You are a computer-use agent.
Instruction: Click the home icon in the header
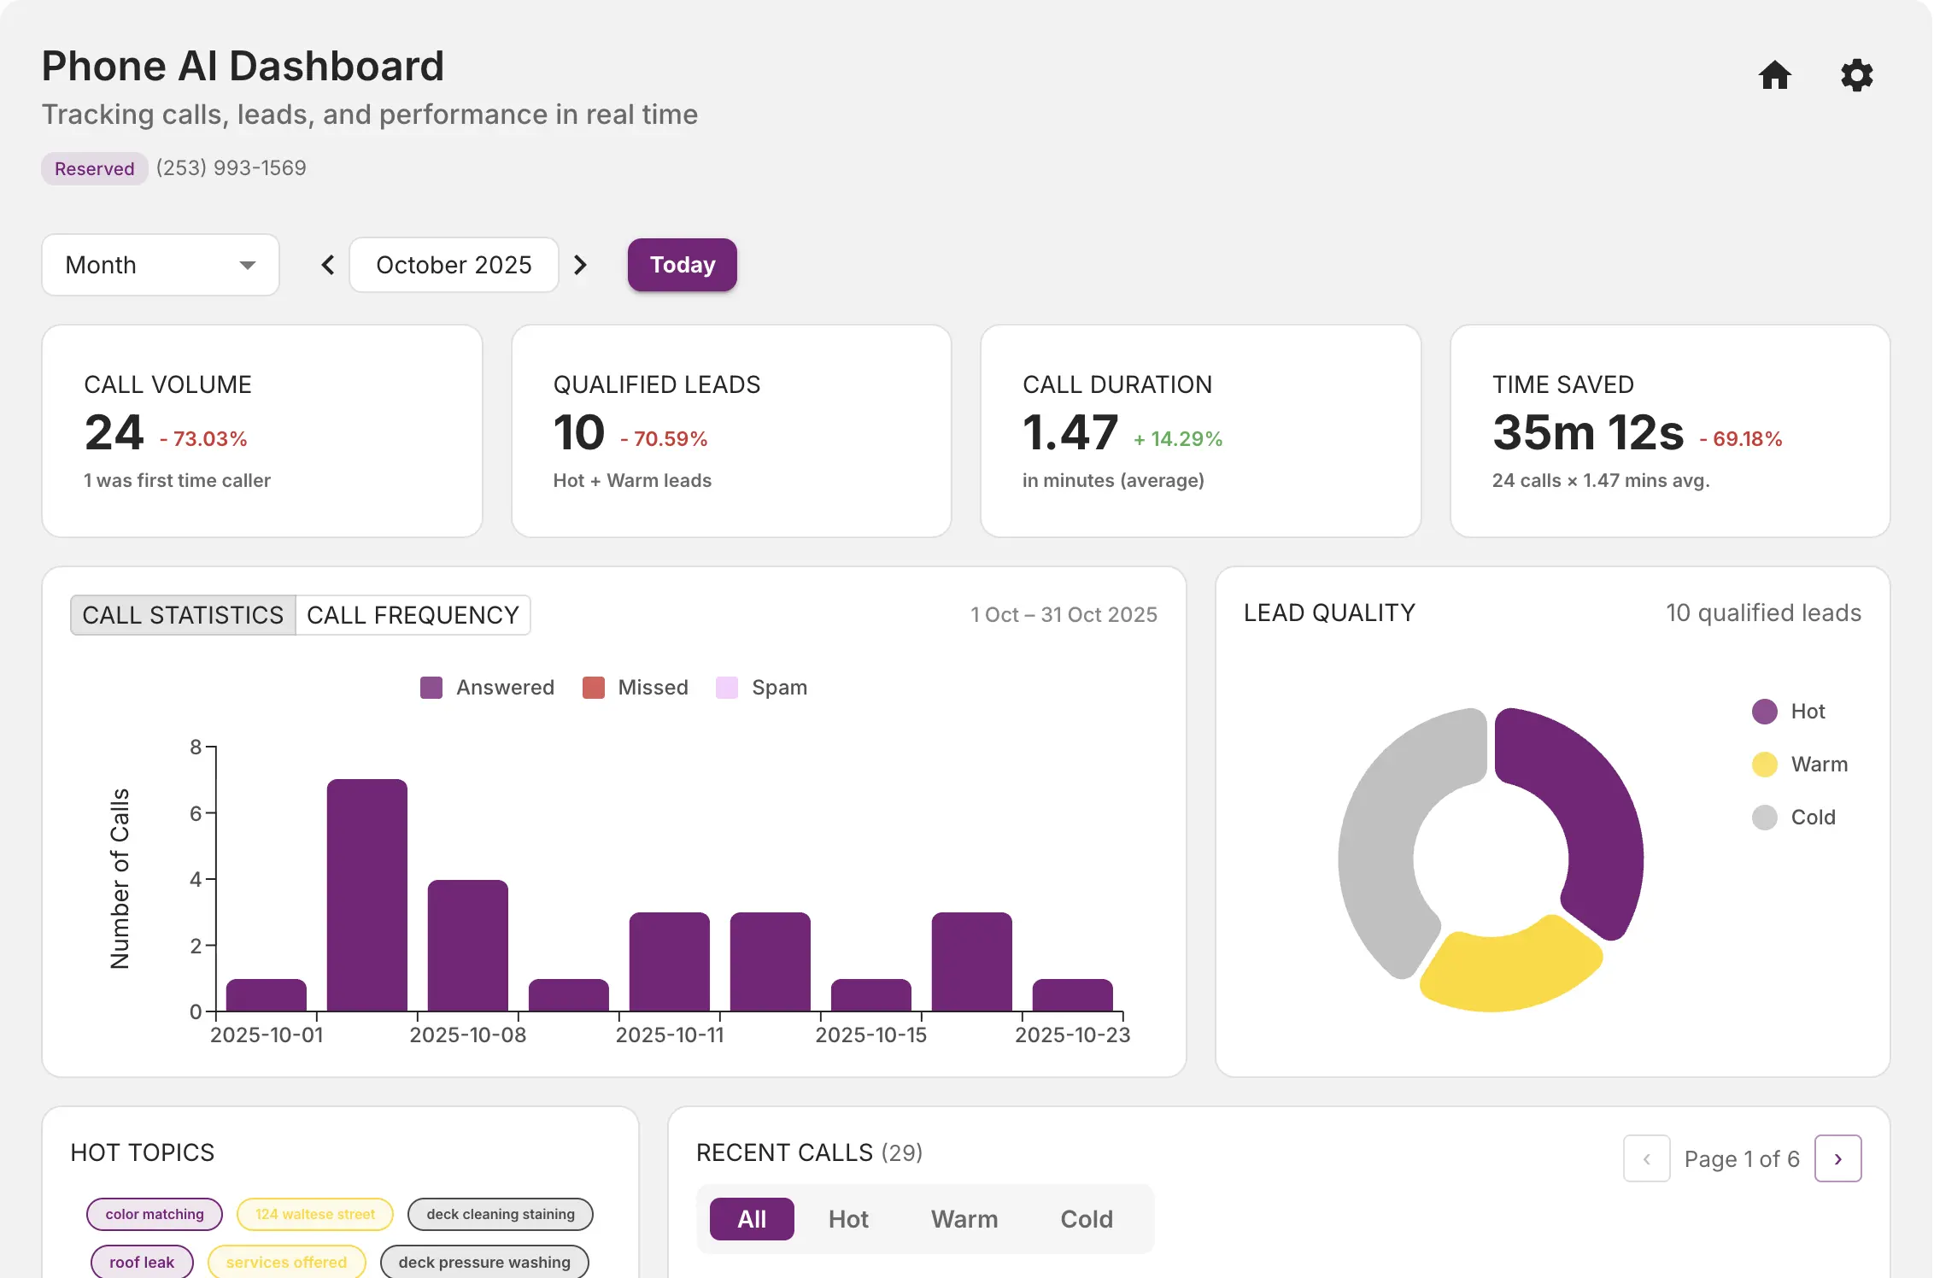(x=1774, y=75)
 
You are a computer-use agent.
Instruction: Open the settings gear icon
(x=1856, y=75)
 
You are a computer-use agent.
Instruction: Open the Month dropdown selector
(x=161, y=265)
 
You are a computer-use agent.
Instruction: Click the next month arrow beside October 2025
(x=580, y=265)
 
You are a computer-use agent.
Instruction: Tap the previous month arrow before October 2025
(x=328, y=265)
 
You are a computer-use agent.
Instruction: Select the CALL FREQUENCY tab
(x=413, y=615)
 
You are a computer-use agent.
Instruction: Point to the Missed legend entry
(x=636, y=688)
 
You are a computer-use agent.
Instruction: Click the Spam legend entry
(x=762, y=688)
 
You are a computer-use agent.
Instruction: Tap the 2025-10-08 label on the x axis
(x=467, y=1035)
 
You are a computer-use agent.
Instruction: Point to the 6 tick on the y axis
(x=196, y=813)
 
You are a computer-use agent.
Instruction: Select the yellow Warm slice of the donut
(x=1508, y=970)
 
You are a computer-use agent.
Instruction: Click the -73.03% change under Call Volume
(x=203, y=439)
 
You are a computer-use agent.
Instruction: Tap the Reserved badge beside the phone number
(x=94, y=168)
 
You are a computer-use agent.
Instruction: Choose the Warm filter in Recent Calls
(x=964, y=1219)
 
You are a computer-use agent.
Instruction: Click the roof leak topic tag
(x=142, y=1262)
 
